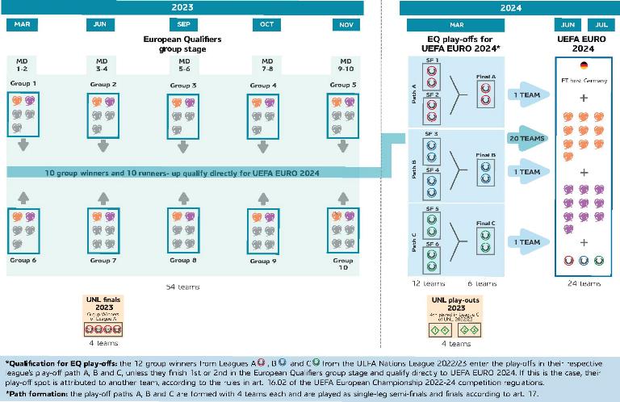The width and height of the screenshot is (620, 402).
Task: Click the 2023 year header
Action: (x=182, y=7)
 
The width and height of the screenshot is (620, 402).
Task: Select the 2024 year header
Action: (x=509, y=7)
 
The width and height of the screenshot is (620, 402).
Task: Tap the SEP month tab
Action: (x=183, y=24)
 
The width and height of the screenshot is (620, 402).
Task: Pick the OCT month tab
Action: (x=266, y=24)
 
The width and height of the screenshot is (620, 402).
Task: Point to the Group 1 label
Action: (x=23, y=84)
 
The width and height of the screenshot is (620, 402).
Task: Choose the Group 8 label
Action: (x=183, y=261)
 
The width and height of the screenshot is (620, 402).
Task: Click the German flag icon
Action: (x=584, y=67)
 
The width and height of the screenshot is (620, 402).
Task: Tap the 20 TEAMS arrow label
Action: (x=526, y=139)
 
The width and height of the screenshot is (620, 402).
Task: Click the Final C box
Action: (x=486, y=237)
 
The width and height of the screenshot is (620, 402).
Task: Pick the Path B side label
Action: (x=414, y=167)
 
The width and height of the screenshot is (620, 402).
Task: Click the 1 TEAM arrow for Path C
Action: (x=526, y=242)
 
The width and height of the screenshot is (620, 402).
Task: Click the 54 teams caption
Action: (x=183, y=287)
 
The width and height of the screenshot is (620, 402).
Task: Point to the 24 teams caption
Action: (x=584, y=283)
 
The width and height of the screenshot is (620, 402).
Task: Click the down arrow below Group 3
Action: (x=183, y=145)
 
